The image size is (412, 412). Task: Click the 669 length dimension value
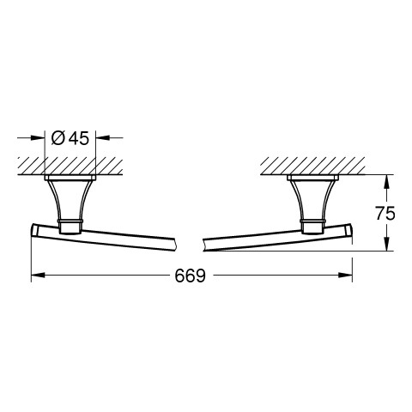tap(191, 276)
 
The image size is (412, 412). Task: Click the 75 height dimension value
tap(385, 213)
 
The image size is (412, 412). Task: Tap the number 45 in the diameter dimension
tap(79, 138)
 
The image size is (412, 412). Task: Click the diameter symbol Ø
tap(58, 138)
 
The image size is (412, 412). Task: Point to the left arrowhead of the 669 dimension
tap(38, 275)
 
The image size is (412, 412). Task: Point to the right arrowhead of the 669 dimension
tap(345, 275)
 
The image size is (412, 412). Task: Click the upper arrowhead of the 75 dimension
tap(386, 181)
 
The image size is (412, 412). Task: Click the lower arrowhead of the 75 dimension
tap(386, 244)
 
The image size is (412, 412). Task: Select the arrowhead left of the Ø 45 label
tap(38, 137)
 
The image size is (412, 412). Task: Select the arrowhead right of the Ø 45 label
tap(103, 137)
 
